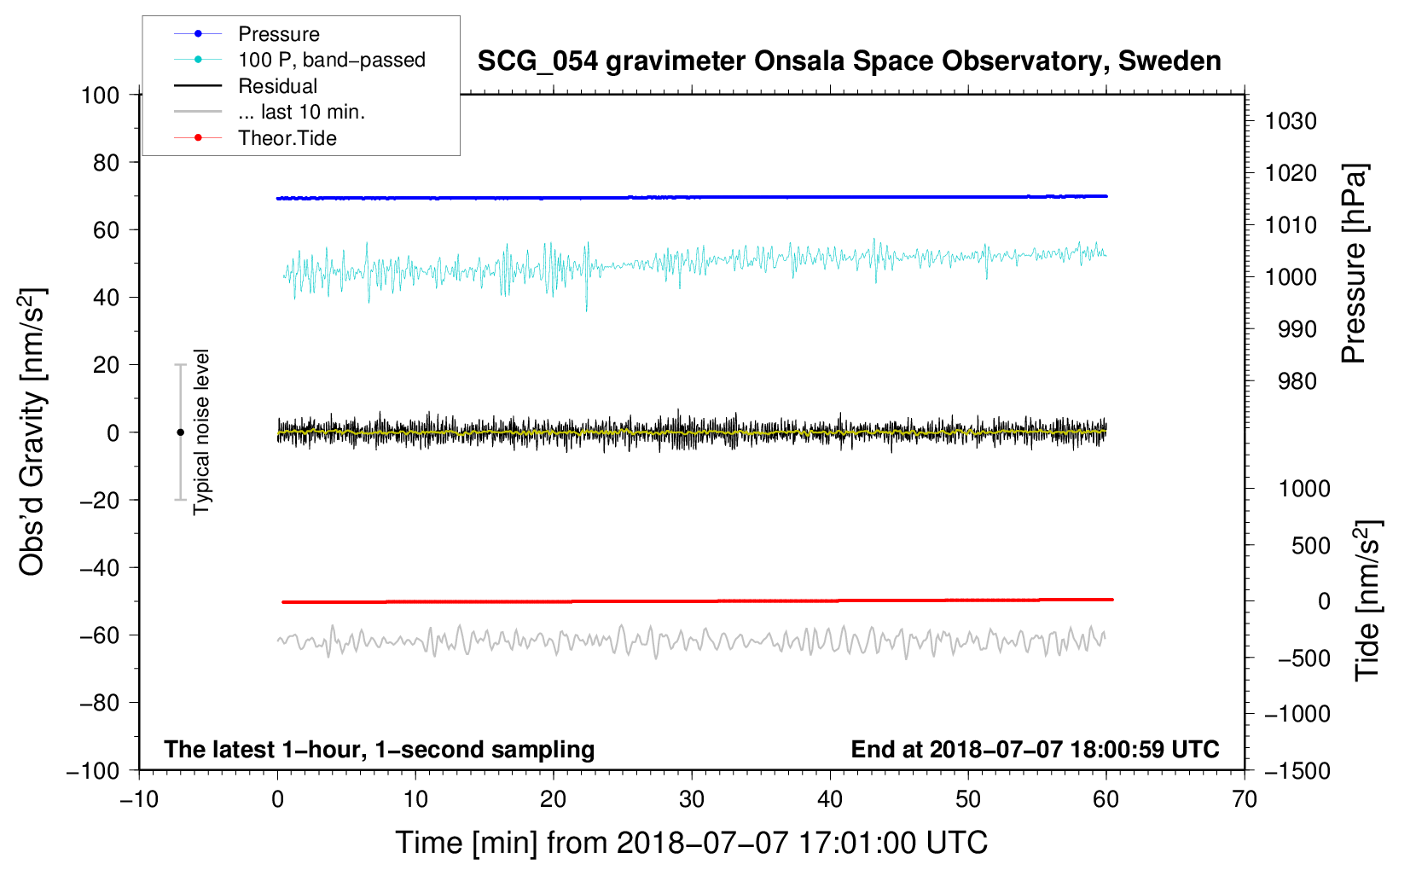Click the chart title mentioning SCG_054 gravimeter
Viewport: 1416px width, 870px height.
[x=849, y=61]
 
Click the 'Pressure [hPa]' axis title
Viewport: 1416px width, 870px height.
[x=1354, y=264]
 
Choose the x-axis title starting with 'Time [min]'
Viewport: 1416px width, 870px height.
[x=692, y=844]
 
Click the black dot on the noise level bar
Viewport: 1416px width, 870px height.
[x=180, y=432]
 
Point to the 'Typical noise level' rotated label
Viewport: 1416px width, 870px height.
[x=201, y=432]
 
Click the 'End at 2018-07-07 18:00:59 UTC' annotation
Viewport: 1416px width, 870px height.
[x=1035, y=750]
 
